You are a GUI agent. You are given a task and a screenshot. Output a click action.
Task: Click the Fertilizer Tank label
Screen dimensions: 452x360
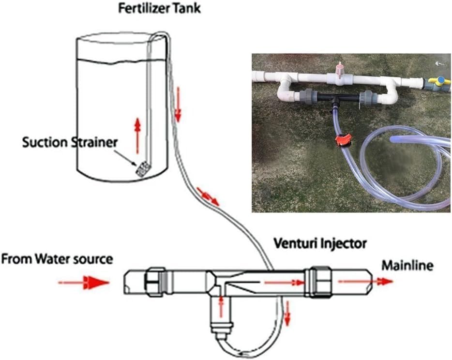pos(159,8)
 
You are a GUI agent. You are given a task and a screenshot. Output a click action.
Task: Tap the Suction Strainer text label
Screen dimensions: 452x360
pos(70,142)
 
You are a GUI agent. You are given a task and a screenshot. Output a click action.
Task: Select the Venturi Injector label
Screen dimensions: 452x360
pos(320,244)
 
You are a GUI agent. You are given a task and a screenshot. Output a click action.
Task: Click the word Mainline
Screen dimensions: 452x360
pos(407,266)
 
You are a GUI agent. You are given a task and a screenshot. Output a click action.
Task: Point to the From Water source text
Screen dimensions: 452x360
pos(57,259)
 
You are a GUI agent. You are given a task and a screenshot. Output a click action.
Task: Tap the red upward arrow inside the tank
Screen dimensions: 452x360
pos(138,135)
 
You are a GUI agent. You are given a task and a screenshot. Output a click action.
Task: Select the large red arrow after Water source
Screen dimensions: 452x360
pos(84,283)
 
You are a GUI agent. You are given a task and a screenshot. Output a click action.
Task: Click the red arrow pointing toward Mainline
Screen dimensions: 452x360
pos(365,282)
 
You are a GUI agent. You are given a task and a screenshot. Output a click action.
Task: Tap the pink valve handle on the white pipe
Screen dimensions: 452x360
pos(340,70)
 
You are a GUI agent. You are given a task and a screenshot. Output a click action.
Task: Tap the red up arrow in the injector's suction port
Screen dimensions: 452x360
pos(221,306)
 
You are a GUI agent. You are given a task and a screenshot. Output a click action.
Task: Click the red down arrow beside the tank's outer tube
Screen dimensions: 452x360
pos(178,105)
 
